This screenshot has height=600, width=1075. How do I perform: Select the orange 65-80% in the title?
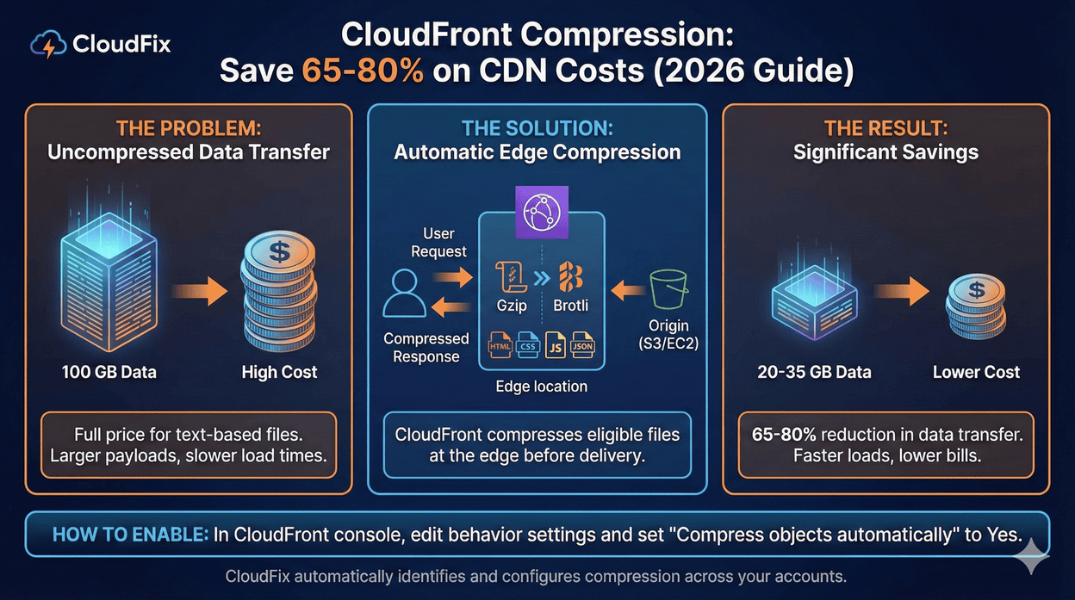(363, 71)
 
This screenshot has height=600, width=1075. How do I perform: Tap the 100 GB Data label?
(109, 373)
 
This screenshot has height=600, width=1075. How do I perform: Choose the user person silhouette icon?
(404, 293)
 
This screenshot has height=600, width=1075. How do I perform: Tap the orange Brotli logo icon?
(570, 276)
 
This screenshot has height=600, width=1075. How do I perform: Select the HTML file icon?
(500, 345)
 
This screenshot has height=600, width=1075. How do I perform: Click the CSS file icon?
(528, 345)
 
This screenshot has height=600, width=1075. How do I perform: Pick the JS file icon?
(556, 345)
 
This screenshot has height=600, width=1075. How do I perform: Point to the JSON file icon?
(583, 345)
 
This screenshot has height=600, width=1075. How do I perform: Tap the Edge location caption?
(541, 387)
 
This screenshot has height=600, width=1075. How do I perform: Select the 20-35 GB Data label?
(815, 373)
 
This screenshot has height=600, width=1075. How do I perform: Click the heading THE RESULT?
(885, 129)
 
